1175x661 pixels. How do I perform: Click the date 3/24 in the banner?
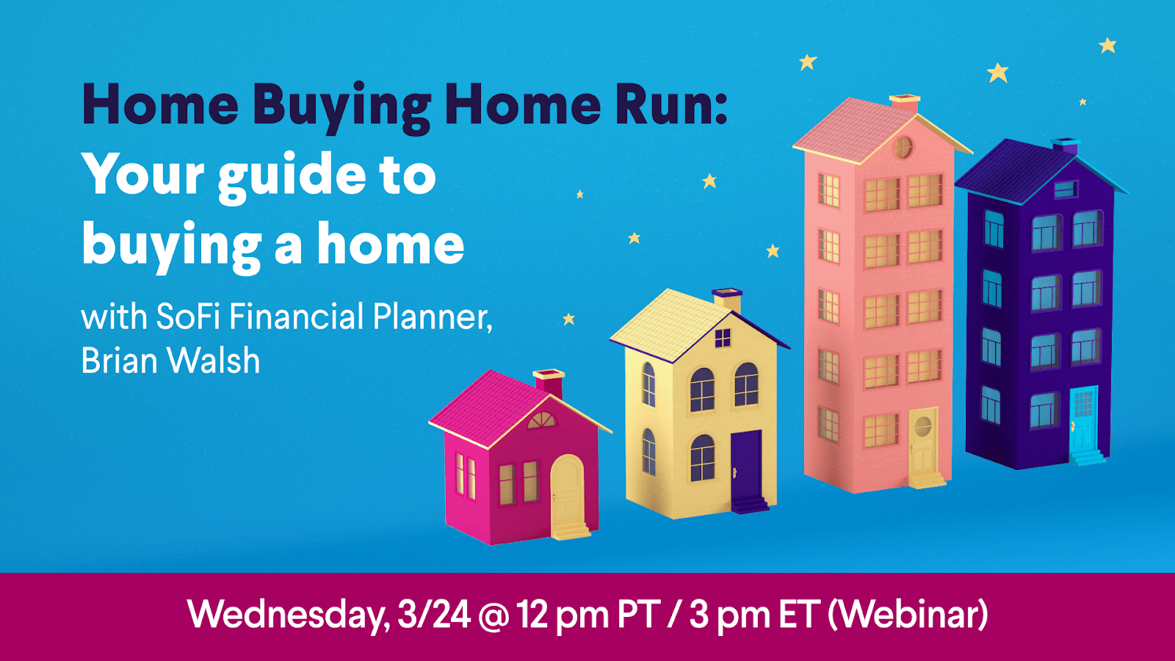click(x=433, y=614)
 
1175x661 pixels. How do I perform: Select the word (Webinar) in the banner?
click(x=908, y=614)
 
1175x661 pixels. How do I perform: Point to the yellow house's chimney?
click(x=728, y=300)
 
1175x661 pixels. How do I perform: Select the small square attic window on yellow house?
click(x=723, y=338)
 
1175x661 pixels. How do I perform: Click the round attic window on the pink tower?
click(x=903, y=148)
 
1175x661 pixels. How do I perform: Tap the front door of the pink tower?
click(x=923, y=441)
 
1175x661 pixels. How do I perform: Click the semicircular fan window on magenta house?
click(x=542, y=421)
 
